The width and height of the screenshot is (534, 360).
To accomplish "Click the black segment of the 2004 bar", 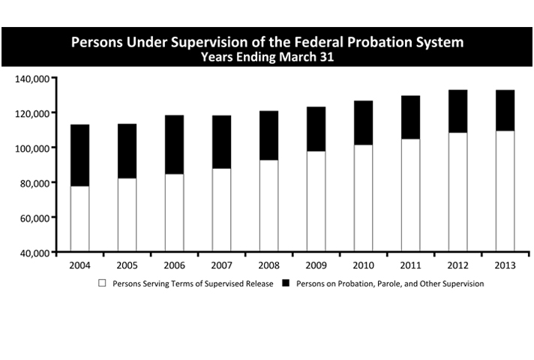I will (x=79, y=155).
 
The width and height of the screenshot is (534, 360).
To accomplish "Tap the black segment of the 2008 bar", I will (x=268, y=135).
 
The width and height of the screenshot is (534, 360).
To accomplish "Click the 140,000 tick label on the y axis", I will (x=31, y=78).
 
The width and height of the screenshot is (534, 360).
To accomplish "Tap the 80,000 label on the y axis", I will (x=34, y=183).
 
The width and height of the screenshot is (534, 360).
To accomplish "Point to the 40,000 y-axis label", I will (x=34, y=253).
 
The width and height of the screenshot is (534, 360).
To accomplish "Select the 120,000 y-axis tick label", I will (x=31, y=113).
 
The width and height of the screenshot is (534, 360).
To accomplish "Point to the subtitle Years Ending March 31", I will (x=267, y=56).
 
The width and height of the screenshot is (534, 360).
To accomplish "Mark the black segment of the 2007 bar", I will (x=220, y=142).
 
